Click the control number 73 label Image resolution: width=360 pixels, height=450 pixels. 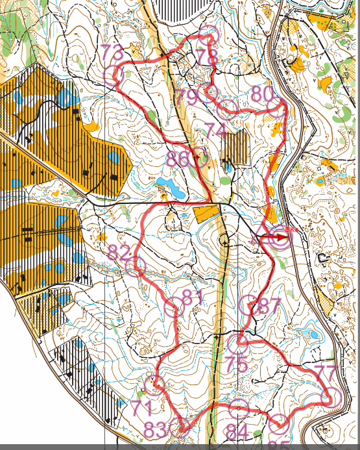point(112,53)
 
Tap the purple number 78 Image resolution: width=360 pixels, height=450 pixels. point(208,57)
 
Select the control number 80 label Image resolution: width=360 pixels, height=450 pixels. point(262,94)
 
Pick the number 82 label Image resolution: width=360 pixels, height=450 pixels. point(119,253)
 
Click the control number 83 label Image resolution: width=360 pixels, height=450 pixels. point(156,430)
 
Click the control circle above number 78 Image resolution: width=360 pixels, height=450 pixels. point(208,36)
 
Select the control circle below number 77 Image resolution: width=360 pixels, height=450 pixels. point(331,396)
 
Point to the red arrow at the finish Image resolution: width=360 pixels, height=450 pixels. point(276,238)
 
